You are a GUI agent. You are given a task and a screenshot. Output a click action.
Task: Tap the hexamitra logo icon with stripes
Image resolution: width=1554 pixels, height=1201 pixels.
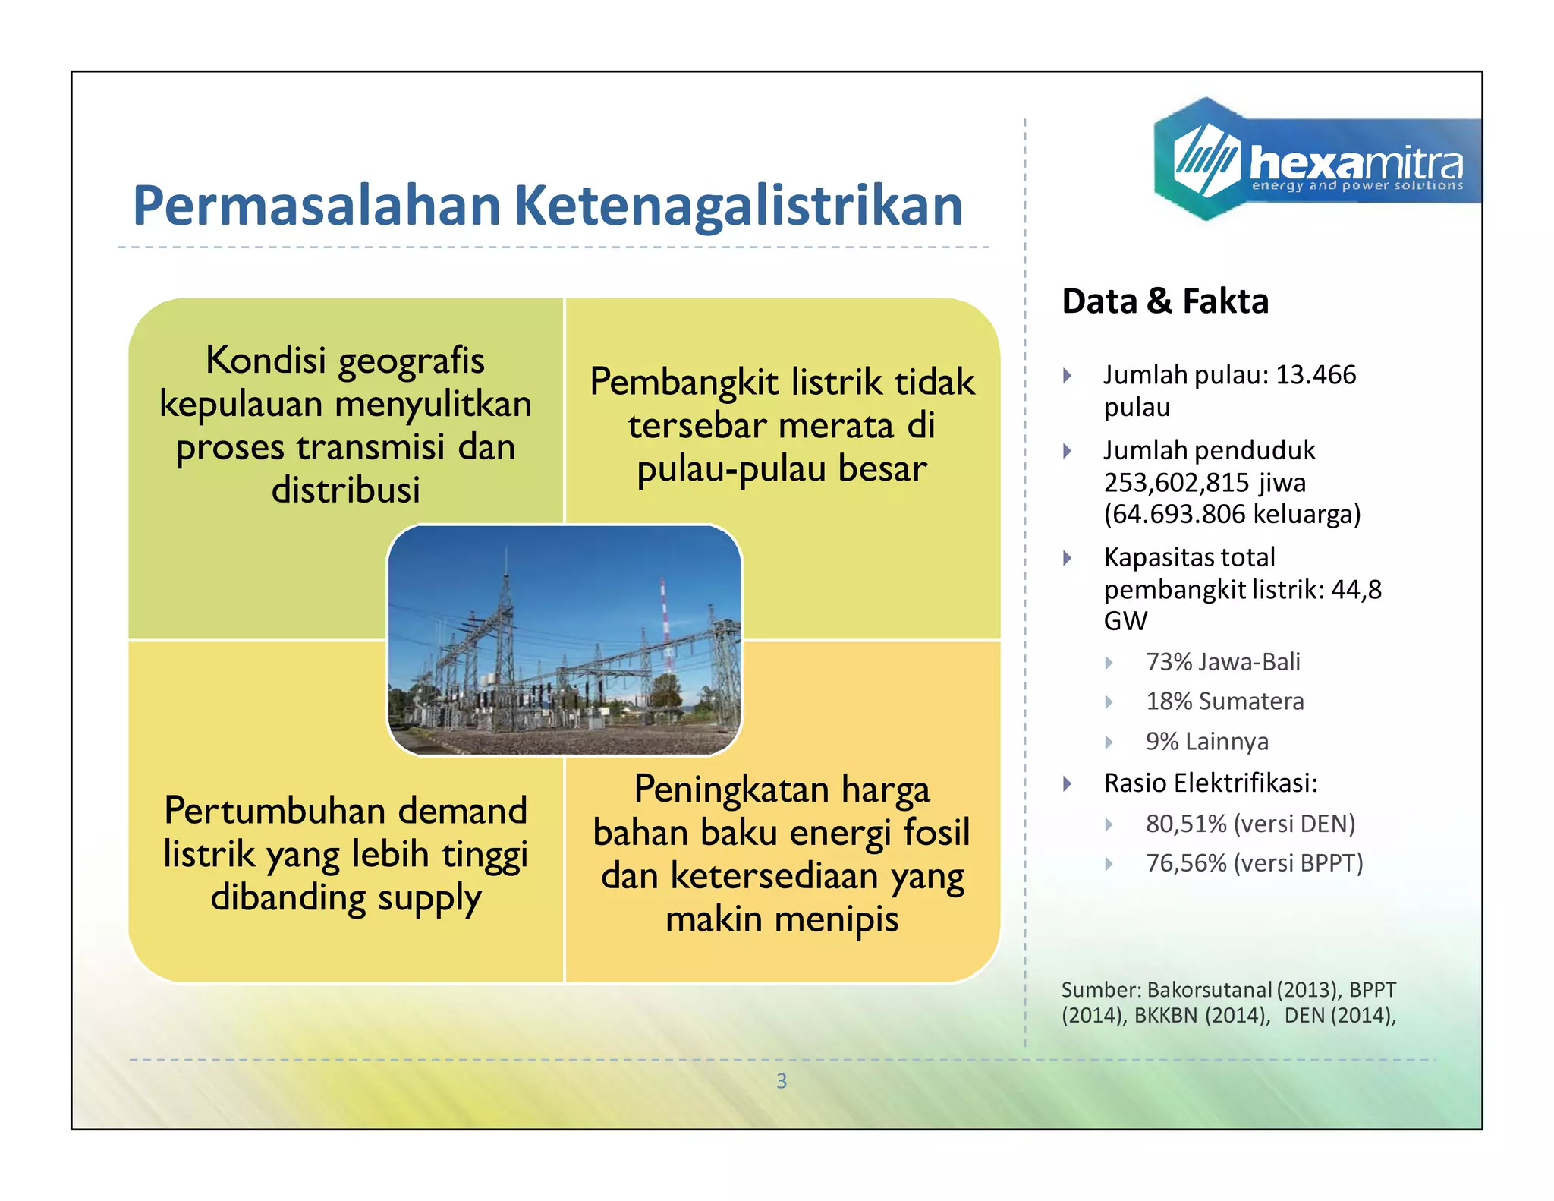click(x=1206, y=159)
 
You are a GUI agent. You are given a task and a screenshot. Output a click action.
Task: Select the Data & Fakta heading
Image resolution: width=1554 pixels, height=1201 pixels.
click(x=1165, y=301)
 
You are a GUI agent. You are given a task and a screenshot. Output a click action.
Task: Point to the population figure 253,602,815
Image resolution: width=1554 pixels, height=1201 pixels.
click(x=1176, y=483)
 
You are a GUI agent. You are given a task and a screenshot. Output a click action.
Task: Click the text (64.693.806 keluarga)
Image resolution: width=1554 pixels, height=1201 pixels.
click(x=1232, y=515)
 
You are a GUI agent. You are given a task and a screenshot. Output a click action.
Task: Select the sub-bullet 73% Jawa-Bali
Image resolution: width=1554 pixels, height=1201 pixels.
click(x=1222, y=662)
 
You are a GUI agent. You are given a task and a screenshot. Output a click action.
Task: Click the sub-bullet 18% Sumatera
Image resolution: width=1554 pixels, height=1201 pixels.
click(x=1224, y=701)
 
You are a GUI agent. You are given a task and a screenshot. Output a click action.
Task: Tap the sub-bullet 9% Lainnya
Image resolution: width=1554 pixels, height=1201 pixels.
click(x=1206, y=742)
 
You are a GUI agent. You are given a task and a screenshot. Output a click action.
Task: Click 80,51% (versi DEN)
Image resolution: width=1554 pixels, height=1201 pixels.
click(x=1250, y=824)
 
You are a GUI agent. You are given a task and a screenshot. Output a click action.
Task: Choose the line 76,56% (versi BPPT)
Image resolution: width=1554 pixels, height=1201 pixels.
click(x=1254, y=863)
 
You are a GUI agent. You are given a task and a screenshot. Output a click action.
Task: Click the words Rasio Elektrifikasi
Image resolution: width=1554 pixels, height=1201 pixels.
click(x=1210, y=783)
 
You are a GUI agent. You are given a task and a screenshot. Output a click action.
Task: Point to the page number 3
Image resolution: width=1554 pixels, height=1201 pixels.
click(x=782, y=1081)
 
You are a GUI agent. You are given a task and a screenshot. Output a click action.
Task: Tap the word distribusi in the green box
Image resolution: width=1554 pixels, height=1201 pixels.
click(x=346, y=490)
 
